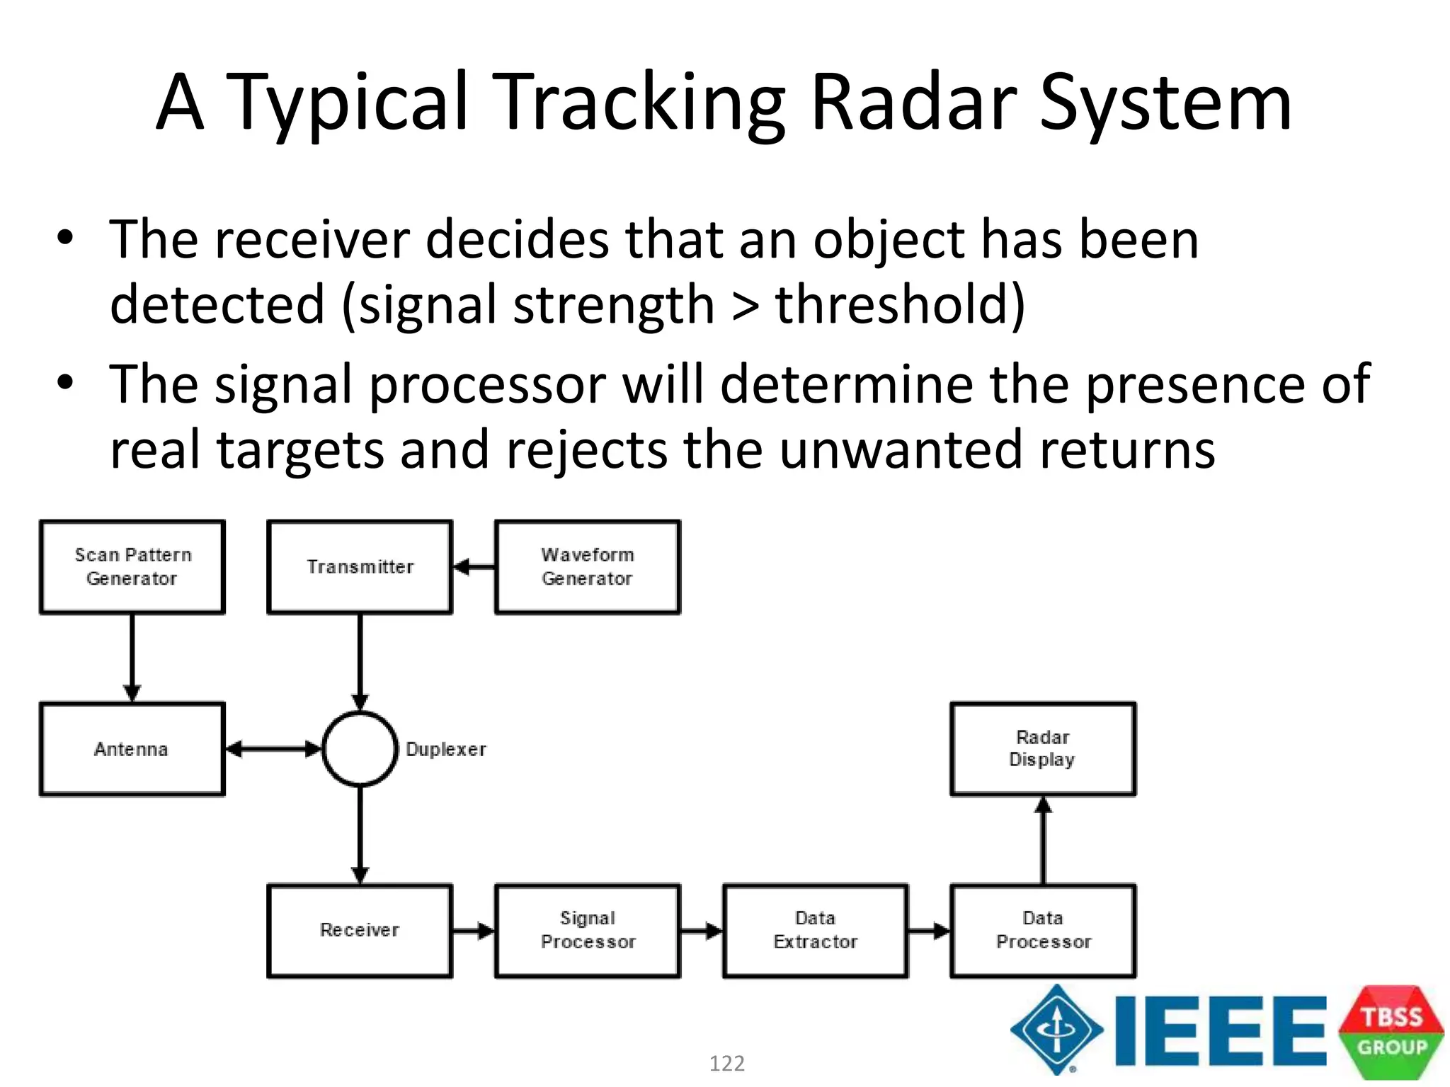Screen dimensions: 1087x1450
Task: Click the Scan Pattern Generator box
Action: (x=132, y=567)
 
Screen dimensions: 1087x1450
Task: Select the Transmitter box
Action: (x=360, y=567)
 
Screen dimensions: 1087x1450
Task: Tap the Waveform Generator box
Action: (x=588, y=567)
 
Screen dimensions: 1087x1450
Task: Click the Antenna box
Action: (x=132, y=749)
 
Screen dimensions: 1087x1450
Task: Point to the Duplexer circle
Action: (x=360, y=749)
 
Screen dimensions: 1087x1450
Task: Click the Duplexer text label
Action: (x=446, y=749)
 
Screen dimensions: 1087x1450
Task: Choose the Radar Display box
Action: (x=1043, y=749)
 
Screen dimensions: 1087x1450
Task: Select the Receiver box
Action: (x=360, y=931)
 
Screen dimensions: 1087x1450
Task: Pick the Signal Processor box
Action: (x=588, y=931)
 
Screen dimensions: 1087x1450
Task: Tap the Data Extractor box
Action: (x=816, y=931)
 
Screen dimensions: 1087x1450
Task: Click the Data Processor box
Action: (x=1043, y=931)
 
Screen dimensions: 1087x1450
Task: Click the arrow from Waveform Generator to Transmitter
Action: (x=474, y=567)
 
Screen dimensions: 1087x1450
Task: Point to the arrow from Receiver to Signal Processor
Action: (x=474, y=931)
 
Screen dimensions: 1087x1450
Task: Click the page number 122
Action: (x=727, y=1063)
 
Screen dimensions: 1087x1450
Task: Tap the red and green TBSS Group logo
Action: (x=1391, y=1032)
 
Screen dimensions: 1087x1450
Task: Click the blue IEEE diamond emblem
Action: (x=1056, y=1030)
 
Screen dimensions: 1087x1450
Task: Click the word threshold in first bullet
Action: (x=899, y=304)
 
